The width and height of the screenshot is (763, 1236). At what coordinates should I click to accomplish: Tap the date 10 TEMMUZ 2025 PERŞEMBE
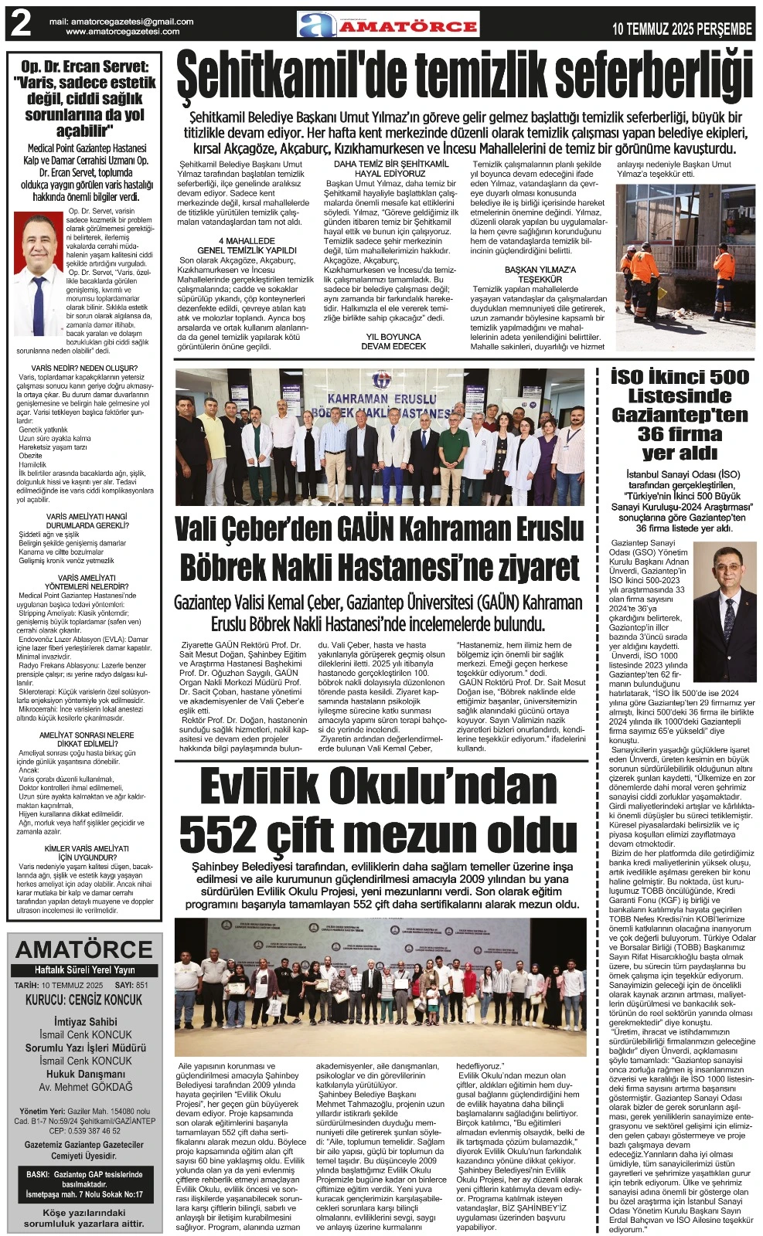(682, 29)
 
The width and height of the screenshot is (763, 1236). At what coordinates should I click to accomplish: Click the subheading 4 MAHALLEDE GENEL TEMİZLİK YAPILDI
(247, 246)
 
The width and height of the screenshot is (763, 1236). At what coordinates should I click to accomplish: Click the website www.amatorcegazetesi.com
(123, 32)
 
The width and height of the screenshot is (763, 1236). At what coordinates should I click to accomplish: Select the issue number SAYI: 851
(131, 985)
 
